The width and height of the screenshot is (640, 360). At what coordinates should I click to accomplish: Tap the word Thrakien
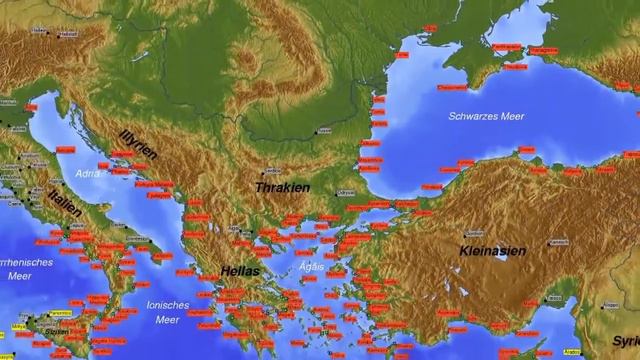coord(283,187)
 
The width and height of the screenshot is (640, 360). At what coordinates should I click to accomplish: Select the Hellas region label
coord(241,271)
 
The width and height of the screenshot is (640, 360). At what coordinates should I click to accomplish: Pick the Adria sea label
coord(87,173)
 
